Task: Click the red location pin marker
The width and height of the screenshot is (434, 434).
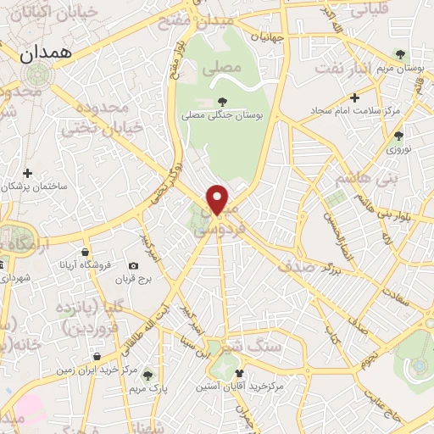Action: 218,200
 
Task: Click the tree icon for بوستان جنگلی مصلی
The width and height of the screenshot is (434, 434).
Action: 221,103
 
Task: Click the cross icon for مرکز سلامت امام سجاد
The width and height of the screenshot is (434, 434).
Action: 355,96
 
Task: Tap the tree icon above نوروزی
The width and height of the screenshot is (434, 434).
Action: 398,135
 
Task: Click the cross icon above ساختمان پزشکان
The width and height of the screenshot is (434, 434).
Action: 28,174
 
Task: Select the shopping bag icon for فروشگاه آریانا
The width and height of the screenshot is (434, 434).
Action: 86,252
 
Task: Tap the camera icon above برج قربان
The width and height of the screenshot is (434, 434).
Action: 133,266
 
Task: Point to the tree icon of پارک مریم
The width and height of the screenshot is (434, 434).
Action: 148,375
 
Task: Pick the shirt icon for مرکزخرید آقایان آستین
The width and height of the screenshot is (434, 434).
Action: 240,373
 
